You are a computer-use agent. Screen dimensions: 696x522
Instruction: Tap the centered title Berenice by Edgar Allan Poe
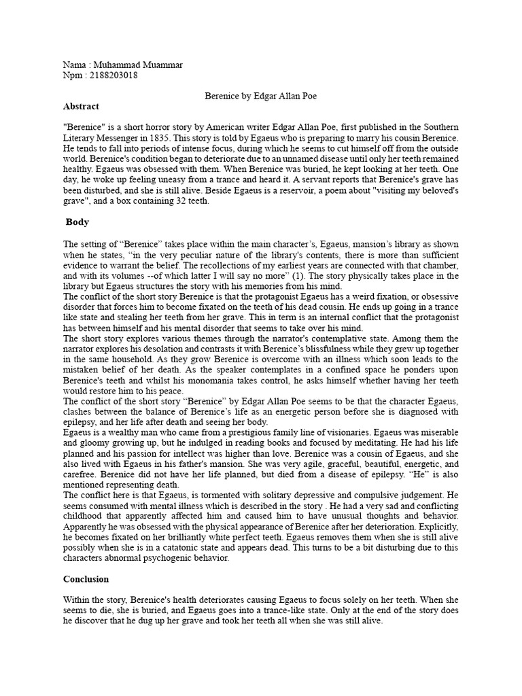tap(261, 97)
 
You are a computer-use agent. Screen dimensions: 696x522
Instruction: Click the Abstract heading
tap(81, 107)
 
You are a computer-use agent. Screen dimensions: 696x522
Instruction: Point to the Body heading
tap(78, 222)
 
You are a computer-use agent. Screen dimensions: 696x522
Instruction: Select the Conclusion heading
tap(87, 580)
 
